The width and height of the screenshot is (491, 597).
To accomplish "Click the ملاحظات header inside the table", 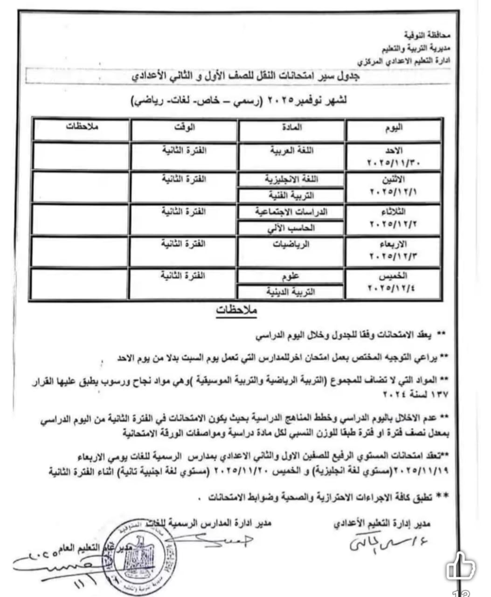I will (82, 127).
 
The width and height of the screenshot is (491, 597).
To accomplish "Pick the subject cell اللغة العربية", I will (292, 150).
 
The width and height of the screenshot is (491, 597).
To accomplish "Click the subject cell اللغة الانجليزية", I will (292, 180).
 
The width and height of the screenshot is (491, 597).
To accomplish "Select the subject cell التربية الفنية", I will (292, 195).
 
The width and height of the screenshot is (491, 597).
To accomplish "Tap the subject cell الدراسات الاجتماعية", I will (292, 212).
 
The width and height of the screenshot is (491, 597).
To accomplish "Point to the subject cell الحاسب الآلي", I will (292, 228).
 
